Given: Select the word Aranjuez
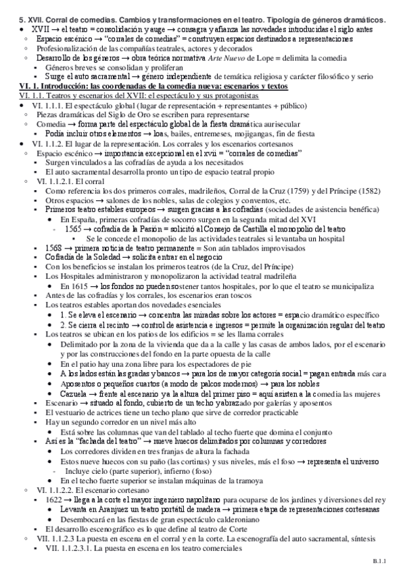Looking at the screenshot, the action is [x=106, y=508].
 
